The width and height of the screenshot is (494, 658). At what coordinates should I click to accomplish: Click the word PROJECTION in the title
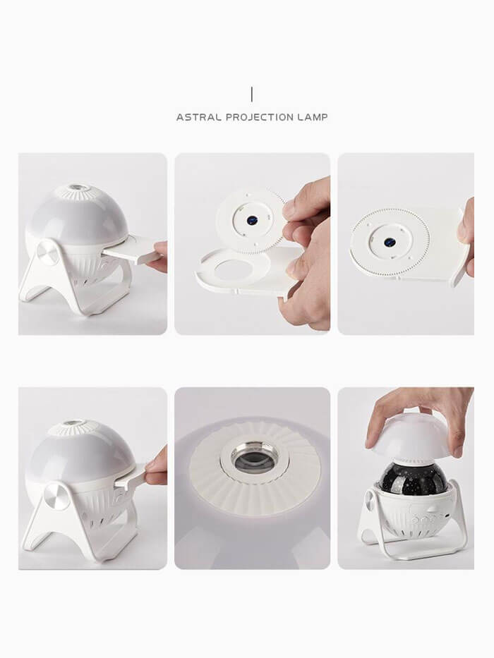pos(260,118)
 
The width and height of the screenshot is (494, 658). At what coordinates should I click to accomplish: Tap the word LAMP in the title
pos(313,118)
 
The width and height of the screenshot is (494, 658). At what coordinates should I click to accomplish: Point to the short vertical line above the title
pos(252,95)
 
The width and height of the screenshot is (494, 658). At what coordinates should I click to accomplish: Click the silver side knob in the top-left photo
pos(48,253)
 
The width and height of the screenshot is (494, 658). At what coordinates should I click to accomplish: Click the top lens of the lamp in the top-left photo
pos(78,188)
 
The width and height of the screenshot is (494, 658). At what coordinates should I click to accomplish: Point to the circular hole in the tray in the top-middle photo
pos(234,270)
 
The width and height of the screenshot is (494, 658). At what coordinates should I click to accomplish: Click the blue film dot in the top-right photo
pos(390,242)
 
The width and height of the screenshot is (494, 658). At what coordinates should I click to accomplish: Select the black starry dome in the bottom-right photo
pos(411,475)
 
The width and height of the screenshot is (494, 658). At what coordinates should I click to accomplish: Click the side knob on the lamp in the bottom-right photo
pos(370,500)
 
